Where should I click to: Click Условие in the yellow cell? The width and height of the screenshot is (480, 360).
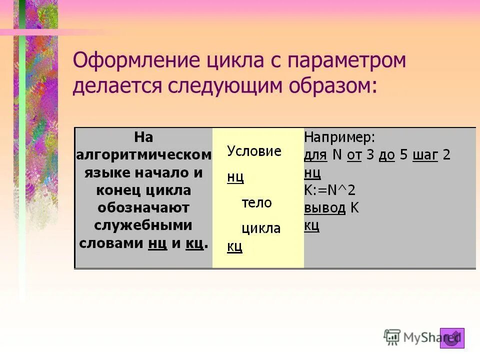254,151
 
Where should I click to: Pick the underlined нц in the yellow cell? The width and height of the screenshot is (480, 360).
235,177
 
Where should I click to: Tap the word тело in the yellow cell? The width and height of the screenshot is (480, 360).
256,202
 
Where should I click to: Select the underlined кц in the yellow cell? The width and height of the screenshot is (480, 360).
234,246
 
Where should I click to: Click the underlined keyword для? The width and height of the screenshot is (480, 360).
315,155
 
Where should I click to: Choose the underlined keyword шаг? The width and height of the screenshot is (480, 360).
425,155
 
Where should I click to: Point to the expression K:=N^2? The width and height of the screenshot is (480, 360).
329,190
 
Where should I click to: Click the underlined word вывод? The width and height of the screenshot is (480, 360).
324,208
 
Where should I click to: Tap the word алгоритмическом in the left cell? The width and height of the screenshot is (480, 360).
143,155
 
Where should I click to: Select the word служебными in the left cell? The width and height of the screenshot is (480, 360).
143,225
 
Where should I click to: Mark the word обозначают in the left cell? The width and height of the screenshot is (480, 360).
143,208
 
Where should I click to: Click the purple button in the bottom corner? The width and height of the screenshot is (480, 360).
452,338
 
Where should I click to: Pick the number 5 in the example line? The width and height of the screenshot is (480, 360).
403,155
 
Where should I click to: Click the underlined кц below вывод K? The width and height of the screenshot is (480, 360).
311,225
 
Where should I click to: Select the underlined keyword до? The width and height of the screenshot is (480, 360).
386,155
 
